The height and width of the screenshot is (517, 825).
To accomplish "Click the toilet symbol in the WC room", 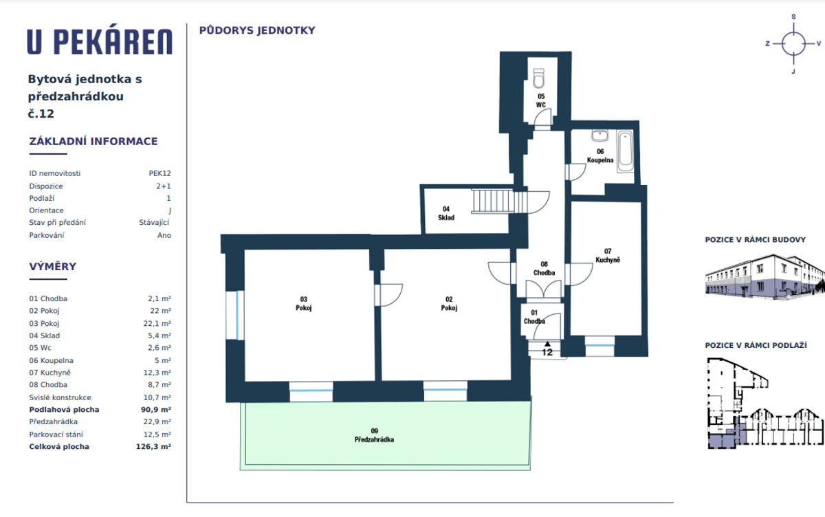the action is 538,78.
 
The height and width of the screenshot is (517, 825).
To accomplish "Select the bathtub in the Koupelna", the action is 626,151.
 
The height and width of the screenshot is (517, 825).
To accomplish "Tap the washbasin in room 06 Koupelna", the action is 600,135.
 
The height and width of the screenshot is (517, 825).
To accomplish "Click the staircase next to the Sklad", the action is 499,201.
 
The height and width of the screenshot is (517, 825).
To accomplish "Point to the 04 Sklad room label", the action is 446,213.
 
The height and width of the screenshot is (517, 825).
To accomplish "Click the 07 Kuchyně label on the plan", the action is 608,256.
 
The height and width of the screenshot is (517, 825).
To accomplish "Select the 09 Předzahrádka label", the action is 374,435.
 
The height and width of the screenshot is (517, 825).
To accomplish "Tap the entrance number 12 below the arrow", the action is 547,353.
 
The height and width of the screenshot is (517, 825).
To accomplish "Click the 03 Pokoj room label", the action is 303,303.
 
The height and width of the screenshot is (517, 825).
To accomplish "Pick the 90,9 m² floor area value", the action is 156,410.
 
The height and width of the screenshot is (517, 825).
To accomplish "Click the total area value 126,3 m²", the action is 153,447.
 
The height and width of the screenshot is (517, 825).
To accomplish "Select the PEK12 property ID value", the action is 159,173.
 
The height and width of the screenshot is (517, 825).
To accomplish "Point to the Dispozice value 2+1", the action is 164,186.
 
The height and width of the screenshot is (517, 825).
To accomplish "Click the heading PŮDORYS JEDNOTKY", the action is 257,30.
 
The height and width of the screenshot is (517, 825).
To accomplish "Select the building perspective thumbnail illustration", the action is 764,276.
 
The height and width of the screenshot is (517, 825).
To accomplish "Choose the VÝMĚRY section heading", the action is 53,267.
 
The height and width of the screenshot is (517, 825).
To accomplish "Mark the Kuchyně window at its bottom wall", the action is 599,345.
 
